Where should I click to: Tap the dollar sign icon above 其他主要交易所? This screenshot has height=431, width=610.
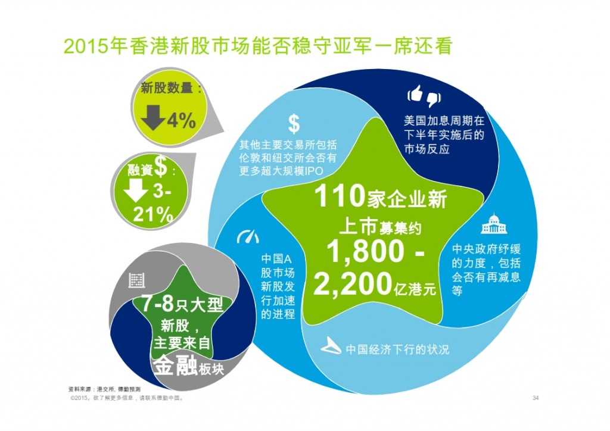pos(294,124)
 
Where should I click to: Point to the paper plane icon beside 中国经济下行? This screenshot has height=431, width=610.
pos(331,347)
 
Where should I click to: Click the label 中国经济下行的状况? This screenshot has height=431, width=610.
pos(397,349)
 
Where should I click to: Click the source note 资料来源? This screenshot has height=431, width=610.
pos(82,389)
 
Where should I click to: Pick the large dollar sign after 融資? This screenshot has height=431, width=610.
pos(161,167)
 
